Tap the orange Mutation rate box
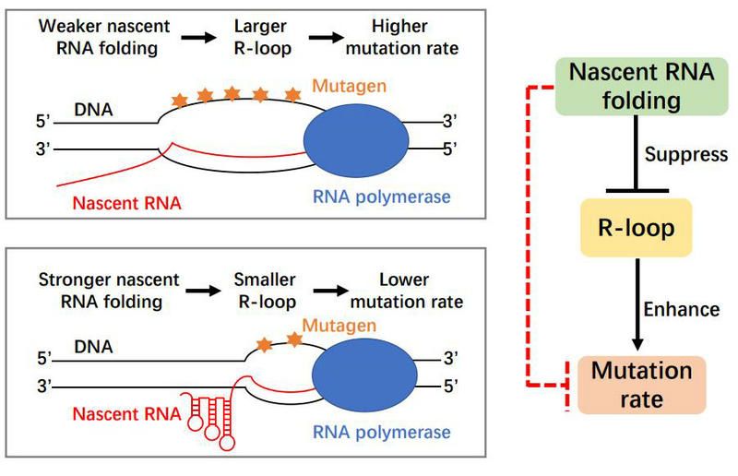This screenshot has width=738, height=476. click(641, 385)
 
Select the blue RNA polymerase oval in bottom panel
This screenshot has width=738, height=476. click(363, 377)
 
